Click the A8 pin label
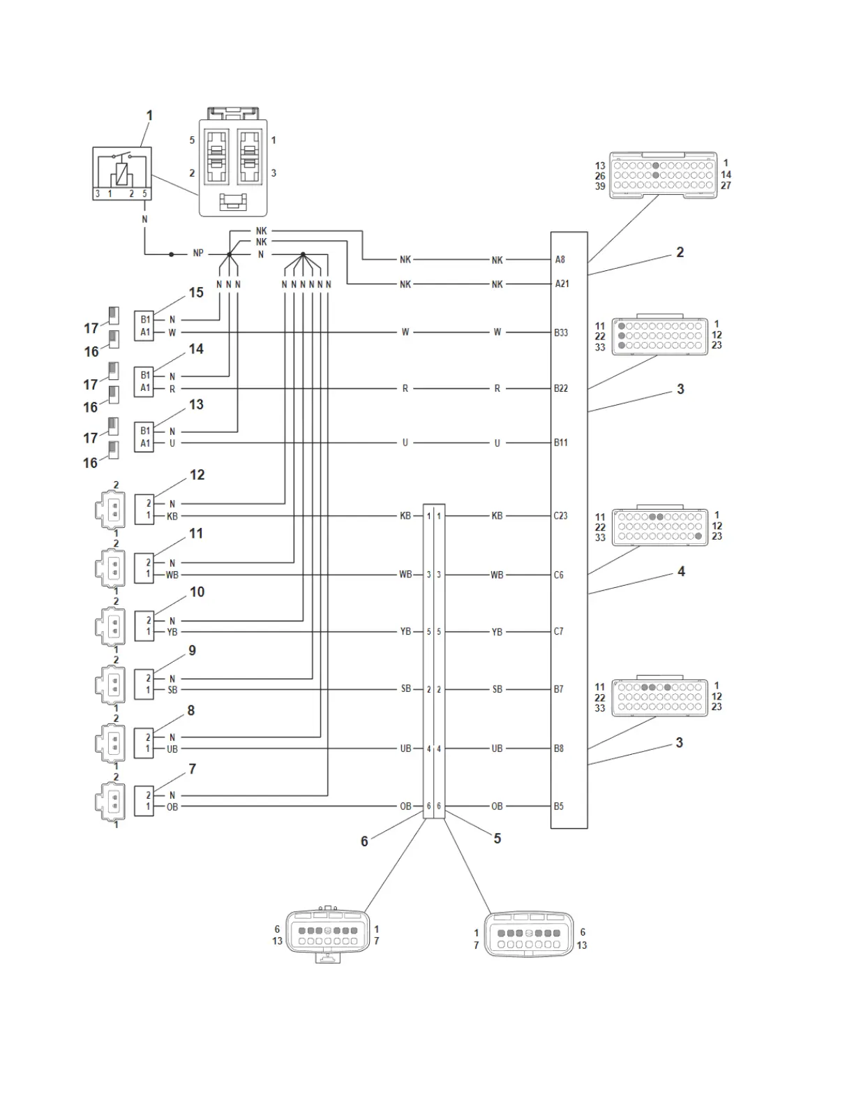tap(560, 260)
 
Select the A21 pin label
tap(562, 284)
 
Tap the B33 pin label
tap(561, 332)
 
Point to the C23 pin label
tap(560, 516)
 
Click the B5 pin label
tap(559, 806)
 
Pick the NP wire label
tap(198, 253)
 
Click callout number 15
tap(196, 293)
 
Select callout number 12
tap(197, 475)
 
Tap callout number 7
tap(193, 769)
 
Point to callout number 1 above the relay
tap(149, 115)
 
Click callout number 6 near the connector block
tap(364, 841)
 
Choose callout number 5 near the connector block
tap(497, 839)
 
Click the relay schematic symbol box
tap(122, 173)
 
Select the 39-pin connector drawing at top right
tap(662, 175)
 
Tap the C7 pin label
tap(559, 632)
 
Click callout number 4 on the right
tap(681, 572)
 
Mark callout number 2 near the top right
tap(680, 252)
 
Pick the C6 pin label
tap(559, 575)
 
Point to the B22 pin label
tap(561, 388)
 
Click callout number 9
tap(193, 650)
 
